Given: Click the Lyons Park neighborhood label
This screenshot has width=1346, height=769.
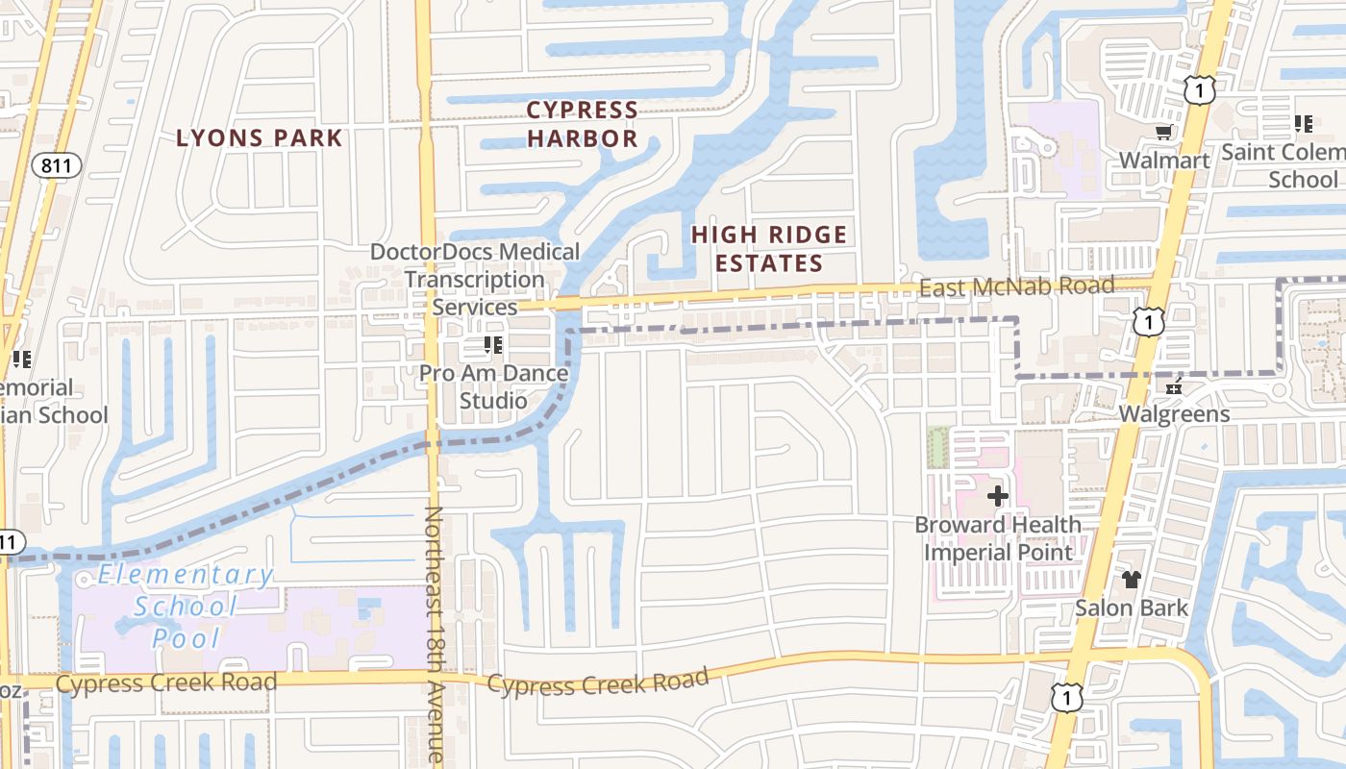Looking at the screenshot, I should click(x=259, y=137).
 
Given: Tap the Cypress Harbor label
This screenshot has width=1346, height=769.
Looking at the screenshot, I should click(x=583, y=124).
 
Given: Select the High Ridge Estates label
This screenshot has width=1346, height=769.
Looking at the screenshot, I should click(x=769, y=248).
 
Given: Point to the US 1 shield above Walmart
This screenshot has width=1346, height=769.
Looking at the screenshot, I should click(x=1200, y=90).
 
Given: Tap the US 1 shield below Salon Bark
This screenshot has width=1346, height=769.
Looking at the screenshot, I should click(x=1066, y=697).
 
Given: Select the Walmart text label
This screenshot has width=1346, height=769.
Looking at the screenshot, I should click(x=1164, y=160).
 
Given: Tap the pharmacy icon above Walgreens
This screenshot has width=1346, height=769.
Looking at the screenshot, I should click(x=1173, y=387).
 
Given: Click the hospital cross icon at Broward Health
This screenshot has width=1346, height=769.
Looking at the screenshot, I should click(x=998, y=496).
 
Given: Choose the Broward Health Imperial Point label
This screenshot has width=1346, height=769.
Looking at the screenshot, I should click(x=998, y=538).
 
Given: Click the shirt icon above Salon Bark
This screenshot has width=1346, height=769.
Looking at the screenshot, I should click(x=1132, y=580).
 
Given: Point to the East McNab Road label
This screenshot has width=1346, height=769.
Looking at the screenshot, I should click(x=1016, y=286).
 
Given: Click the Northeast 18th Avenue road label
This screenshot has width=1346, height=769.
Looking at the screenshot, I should click(x=435, y=634).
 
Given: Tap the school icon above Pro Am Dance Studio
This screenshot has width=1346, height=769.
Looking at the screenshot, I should click(x=493, y=345).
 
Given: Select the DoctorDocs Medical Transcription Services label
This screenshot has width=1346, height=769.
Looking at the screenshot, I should click(x=475, y=279).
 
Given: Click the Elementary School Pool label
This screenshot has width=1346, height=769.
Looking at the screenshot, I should click(x=186, y=606).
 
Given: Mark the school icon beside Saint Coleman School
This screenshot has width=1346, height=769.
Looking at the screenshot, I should click(x=1304, y=123).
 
